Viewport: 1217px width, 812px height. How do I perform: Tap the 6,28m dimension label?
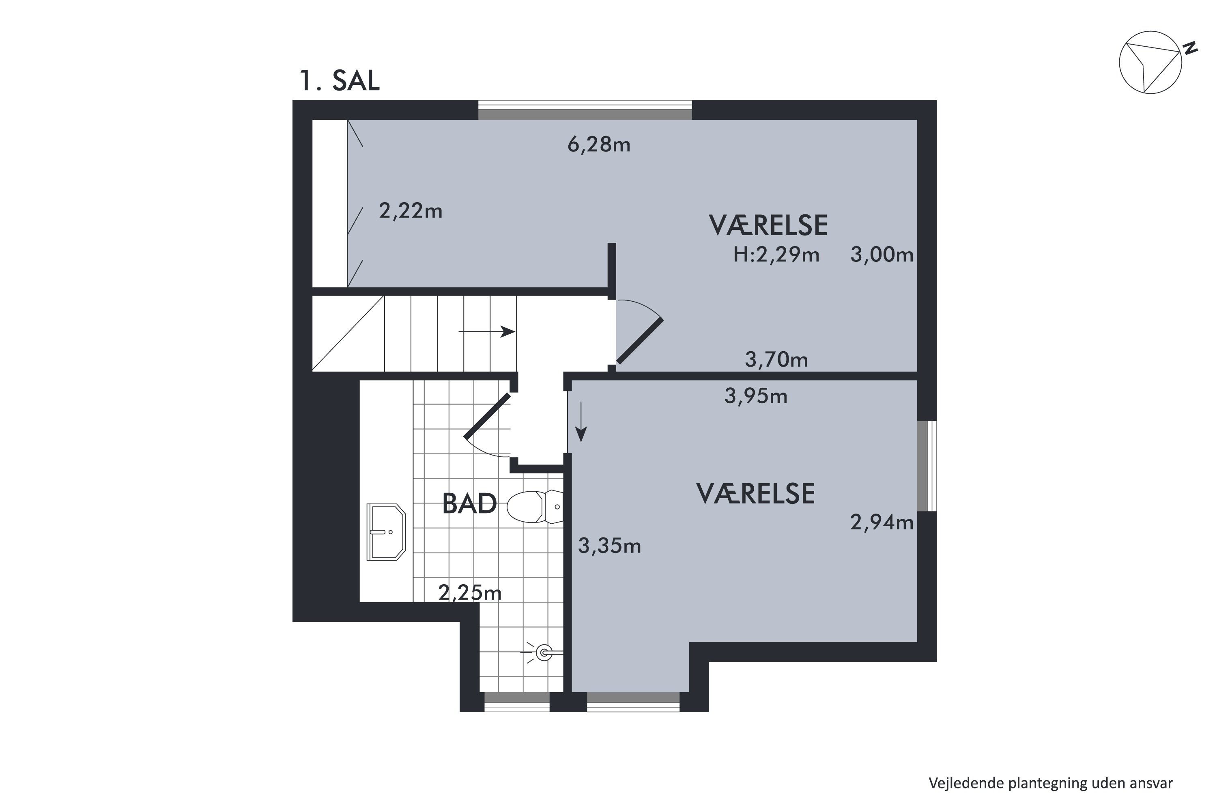(599, 145)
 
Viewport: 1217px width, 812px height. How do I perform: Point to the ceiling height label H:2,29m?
(776, 255)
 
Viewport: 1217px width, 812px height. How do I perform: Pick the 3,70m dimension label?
(776, 359)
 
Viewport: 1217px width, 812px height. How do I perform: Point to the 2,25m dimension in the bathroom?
(470, 592)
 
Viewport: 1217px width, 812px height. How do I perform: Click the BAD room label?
(469, 504)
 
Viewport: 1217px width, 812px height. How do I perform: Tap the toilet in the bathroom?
(535, 507)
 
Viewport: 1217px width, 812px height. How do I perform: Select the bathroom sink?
(386, 532)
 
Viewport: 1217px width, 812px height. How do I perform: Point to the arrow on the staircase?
(487, 331)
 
